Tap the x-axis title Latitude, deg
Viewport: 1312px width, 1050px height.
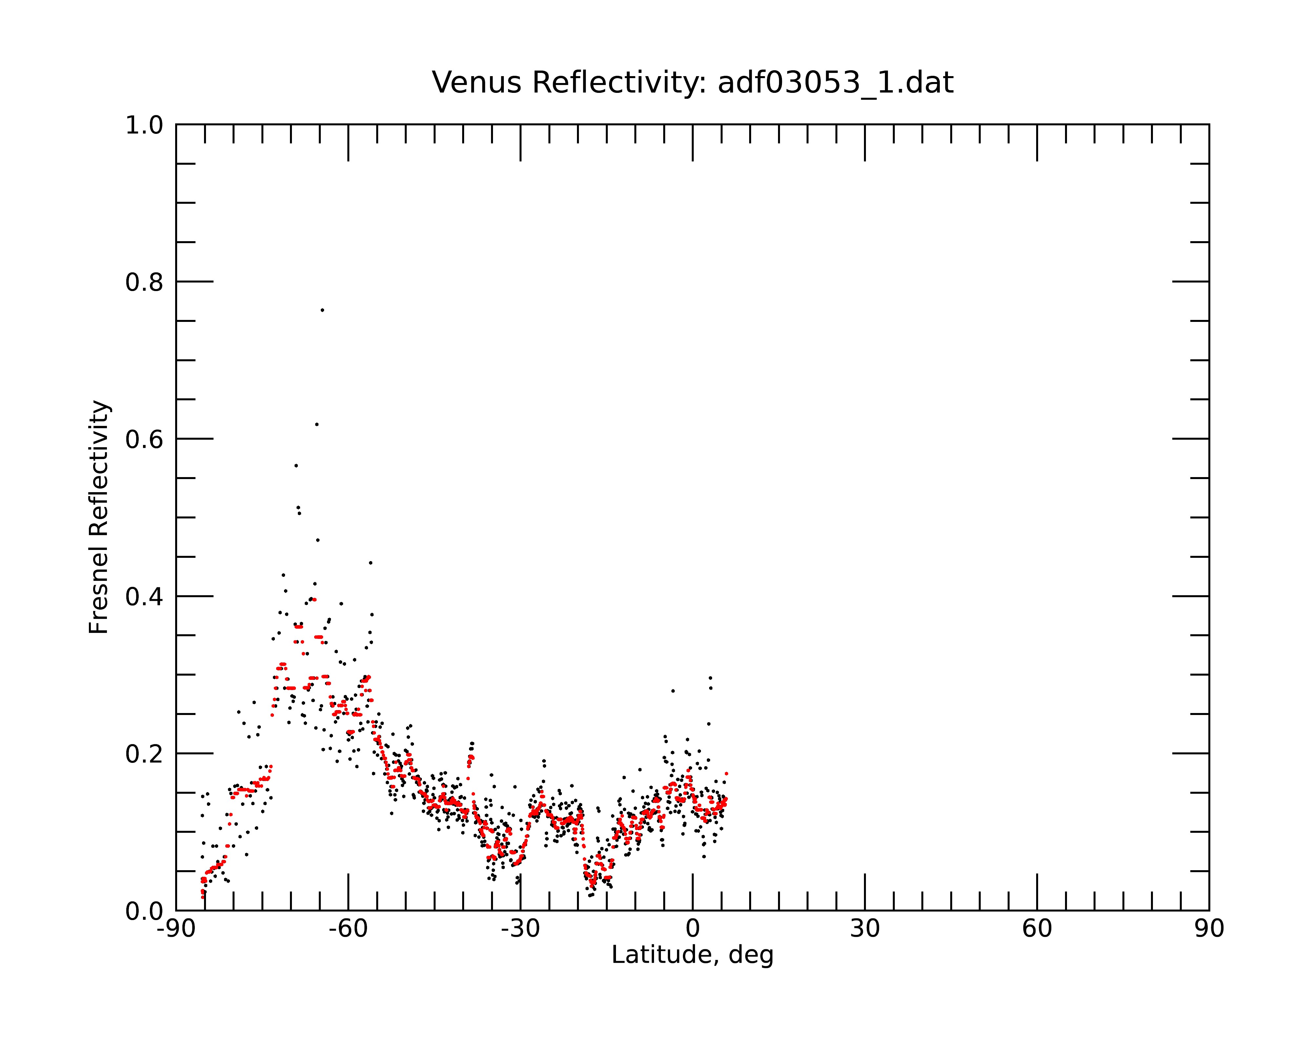coord(692,955)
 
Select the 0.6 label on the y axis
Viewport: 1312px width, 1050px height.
coord(144,439)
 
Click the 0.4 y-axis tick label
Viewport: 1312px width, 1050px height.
coord(144,597)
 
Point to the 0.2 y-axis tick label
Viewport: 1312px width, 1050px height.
coord(144,754)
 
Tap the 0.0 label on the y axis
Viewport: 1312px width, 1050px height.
coord(144,911)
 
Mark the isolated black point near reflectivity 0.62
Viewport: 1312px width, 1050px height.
coord(317,424)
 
